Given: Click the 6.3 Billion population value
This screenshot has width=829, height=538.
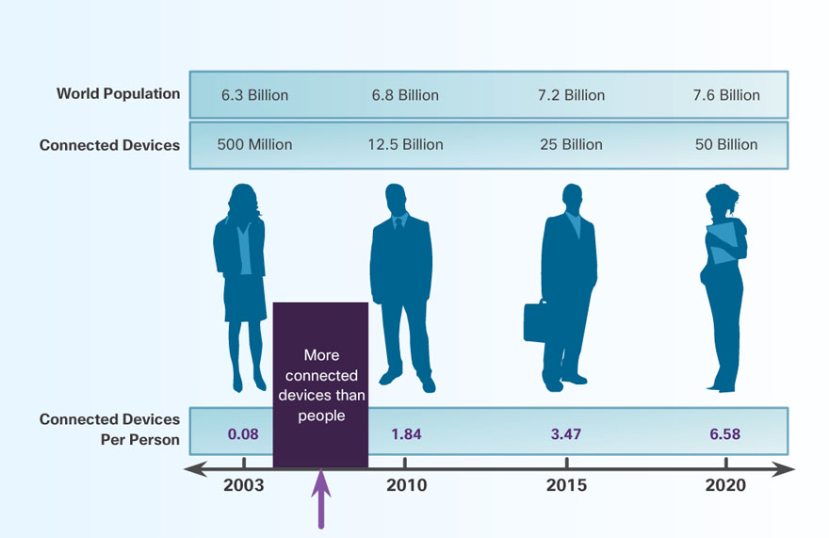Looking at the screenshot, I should (x=254, y=95).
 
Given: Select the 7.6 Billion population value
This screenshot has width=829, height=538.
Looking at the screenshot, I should (x=726, y=95).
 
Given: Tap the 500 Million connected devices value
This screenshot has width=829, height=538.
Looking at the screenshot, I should (x=254, y=145).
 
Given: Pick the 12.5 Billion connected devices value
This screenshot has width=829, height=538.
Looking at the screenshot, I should (x=405, y=145).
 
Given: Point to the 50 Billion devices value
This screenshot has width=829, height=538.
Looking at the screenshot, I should (x=726, y=145).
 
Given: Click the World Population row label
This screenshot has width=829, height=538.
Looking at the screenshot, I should (x=118, y=93).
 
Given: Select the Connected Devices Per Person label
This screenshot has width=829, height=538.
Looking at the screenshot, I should (x=109, y=430).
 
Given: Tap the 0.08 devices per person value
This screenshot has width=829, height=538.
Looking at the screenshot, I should (x=243, y=434).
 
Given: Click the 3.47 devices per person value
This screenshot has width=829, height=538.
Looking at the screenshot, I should (x=566, y=434).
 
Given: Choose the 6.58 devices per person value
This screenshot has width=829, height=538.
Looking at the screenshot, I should (x=725, y=434).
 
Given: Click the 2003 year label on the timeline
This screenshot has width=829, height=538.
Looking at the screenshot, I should (x=243, y=486).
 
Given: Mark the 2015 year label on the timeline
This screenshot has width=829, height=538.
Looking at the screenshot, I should (x=566, y=486).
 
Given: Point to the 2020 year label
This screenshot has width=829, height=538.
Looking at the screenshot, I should (x=725, y=486).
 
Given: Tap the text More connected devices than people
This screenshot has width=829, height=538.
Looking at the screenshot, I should (x=320, y=385).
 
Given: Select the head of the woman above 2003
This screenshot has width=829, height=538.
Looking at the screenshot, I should (x=240, y=200).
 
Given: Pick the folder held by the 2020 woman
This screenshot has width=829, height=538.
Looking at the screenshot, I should (x=723, y=241).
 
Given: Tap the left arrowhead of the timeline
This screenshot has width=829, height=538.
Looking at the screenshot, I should (x=193, y=469).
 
